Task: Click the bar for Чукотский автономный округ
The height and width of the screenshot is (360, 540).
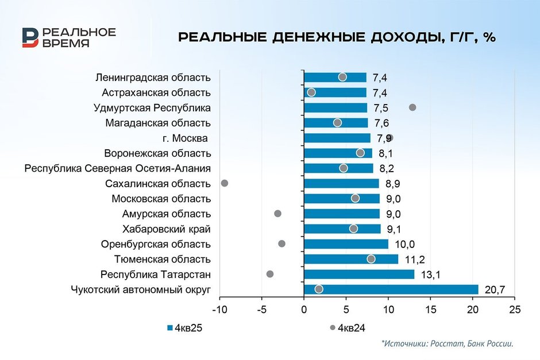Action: pyautogui.click(x=391, y=289)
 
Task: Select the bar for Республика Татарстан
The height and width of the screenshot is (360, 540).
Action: pyautogui.click(x=359, y=274)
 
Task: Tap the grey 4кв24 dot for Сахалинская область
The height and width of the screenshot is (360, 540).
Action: pyautogui.click(x=225, y=183)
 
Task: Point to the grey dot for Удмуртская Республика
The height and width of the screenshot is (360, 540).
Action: pyautogui.click(x=412, y=107)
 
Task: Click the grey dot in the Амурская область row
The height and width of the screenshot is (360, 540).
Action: pyautogui.click(x=278, y=214)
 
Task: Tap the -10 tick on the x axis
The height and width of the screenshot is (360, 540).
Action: pyautogui.click(x=219, y=309)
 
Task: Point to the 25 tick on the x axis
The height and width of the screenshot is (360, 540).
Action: pyautogui.click(x=515, y=309)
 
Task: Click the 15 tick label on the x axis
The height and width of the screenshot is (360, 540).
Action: pyautogui.click(x=430, y=309)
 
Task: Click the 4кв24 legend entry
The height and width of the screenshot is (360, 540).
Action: pyautogui.click(x=348, y=328)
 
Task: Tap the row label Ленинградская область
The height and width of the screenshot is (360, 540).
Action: pyautogui.click(x=153, y=78)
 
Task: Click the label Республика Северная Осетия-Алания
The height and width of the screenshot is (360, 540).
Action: pyautogui.click(x=118, y=168)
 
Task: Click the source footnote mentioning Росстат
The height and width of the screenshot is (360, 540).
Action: pyautogui.click(x=446, y=343)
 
